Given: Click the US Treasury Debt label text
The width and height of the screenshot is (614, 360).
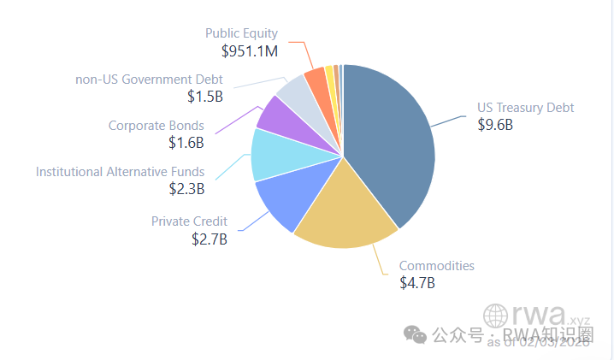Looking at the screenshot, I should [525, 108].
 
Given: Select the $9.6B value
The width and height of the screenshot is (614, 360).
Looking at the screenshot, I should [494, 125].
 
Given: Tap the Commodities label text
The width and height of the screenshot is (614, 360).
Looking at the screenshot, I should [436, 265].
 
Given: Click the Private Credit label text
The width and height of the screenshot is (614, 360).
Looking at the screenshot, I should [189, 221].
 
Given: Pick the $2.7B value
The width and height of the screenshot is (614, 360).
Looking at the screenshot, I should [210, 239].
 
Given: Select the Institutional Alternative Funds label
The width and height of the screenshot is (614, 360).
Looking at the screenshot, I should [120, 172].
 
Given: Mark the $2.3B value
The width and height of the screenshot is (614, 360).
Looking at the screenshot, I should [186, 189].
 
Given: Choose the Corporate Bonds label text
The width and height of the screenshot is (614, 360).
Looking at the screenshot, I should [156, 126].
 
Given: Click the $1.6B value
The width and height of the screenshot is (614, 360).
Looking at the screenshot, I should [186, 142].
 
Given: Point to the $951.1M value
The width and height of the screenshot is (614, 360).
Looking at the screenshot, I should [250, 51].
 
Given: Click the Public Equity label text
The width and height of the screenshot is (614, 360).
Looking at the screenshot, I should [241, 33].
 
